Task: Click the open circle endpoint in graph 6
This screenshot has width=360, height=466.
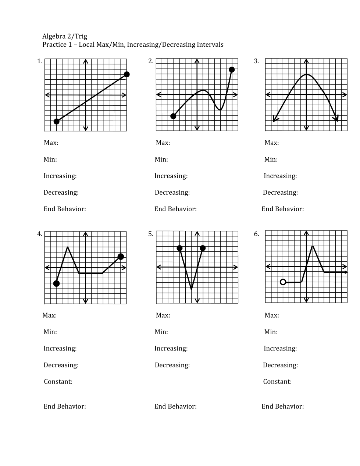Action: click(x=283, y=282)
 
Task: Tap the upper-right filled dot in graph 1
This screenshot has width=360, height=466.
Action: click(x=127, y=74)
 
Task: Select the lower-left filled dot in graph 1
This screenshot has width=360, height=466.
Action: click(x=57, y=121)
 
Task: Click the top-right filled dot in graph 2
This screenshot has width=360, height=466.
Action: click(x=232, y=70)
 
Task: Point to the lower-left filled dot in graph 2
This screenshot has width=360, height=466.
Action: click(x=174, y=116)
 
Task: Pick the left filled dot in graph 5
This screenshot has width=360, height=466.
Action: click(x=180, y=248)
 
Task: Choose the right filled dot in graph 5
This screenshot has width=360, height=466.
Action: click(x=203, y=248)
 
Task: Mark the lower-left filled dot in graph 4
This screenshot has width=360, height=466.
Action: click(x=57, y=283)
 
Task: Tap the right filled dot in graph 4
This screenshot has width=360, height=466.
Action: click(x=121, y=257)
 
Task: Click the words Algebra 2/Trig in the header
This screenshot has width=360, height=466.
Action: click(x=65, y=36)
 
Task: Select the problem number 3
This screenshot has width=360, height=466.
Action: click(x=256, y=61)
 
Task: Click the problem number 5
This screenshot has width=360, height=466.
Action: click(x=151, y=234)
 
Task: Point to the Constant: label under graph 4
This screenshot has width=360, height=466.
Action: click(x=58, y=381)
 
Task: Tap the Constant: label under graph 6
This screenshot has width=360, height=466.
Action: click(x=277, y=381)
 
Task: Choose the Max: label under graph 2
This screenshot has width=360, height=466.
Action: click(x=163, y=143)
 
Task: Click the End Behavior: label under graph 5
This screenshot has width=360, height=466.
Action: click(x=175, y=406)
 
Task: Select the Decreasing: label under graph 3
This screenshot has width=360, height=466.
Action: click(x=280, y=193)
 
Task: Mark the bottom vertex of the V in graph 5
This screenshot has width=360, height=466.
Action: click(x=191, y=290)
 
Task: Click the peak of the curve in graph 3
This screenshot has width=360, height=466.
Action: click(x=306, y=74)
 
